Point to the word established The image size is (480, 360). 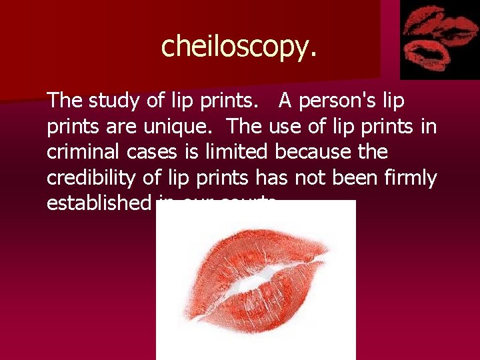[x=99, y=203]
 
